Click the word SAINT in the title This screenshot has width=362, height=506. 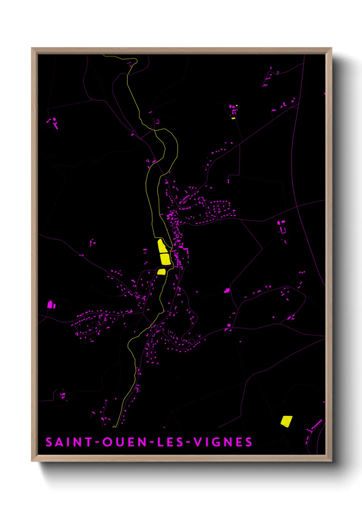pyautogui.click(x=69, y=442)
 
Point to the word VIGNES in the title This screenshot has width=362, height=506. pyautogui.click(x=223, y=442)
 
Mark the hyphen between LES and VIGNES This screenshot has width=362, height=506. pyautogui.click(x=188, y=442)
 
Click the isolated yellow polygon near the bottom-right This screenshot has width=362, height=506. pyautogui.click(x=286, y=421)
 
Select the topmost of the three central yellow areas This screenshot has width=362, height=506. pyautogui.click(x=162, y=246)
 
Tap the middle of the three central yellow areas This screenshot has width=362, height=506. pyautogui.click(x=165, y=259)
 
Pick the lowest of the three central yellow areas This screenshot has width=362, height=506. pyautogui.click(x=161, y=272)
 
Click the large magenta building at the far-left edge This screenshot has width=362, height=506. pyautogui.click(x=50, y=304)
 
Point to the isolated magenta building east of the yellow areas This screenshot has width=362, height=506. pyautogui.click(x=227, y=291)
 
